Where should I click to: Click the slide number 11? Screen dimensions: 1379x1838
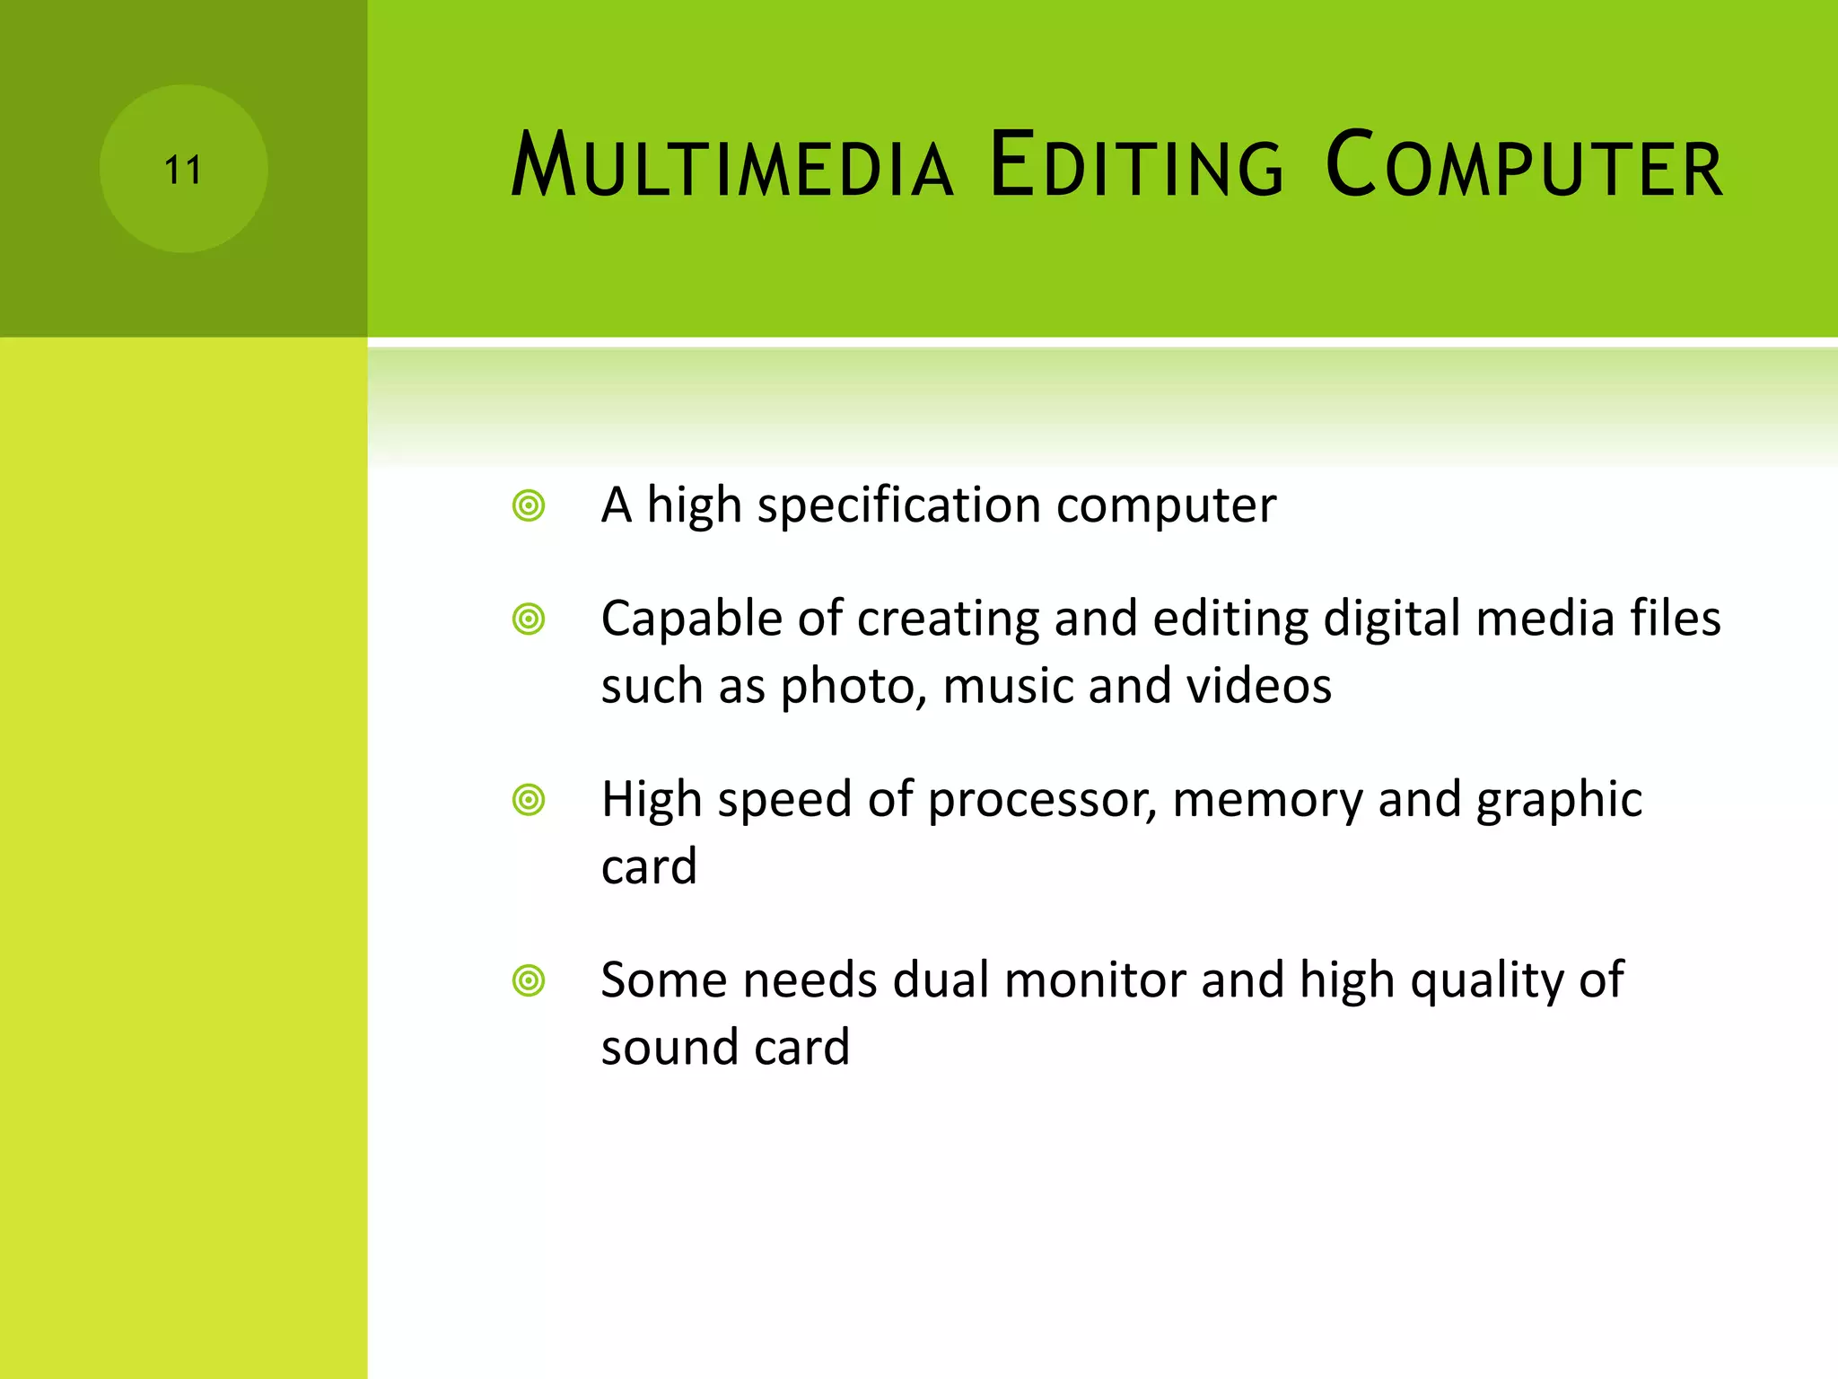(183, 170)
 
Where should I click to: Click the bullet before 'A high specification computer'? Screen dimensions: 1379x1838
(529, 505)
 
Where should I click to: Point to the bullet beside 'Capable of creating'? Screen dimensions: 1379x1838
(529, 619)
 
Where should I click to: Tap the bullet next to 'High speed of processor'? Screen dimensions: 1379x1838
(529, 800)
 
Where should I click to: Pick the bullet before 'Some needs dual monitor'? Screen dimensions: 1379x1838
(529, 980)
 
